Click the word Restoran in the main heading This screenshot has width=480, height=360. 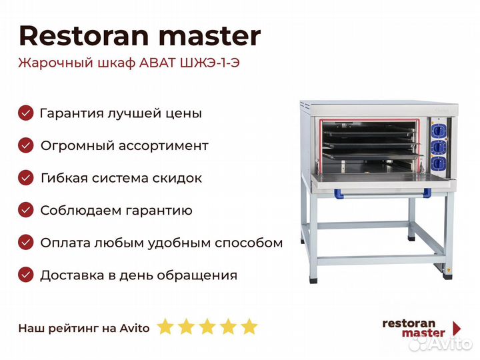tap(84, 36)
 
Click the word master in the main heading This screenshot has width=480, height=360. tap(210, 37)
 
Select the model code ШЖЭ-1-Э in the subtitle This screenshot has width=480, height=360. tap(210, 63)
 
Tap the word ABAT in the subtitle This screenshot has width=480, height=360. tap(157, 63)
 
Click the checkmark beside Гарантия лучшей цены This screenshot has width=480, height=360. tap(26, 113)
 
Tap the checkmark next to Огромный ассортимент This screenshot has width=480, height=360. tap(26, 145)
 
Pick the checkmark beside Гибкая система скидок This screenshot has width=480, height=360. tap(26, 178)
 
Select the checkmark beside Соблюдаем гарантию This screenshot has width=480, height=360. tap(26, 210)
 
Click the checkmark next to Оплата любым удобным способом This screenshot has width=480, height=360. tap(26, 243)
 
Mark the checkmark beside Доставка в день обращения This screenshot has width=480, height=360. tap(26, 275)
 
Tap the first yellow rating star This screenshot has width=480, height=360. tap(165, 327)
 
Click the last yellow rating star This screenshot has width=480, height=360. tap(249, 327)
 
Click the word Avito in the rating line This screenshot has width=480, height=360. tap(135, 328)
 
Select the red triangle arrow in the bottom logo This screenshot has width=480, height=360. tap(457, 328)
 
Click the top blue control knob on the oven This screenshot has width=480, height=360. tap(438, 131)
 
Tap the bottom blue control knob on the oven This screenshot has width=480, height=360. tap(438, 162)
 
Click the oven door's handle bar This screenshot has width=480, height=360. tap(383, 193)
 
